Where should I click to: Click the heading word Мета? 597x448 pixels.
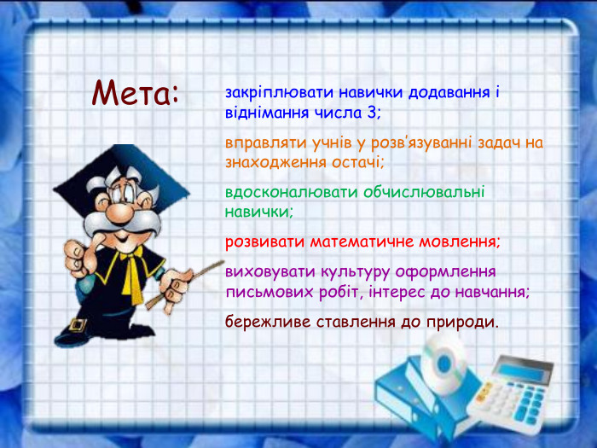pos(136,92)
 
